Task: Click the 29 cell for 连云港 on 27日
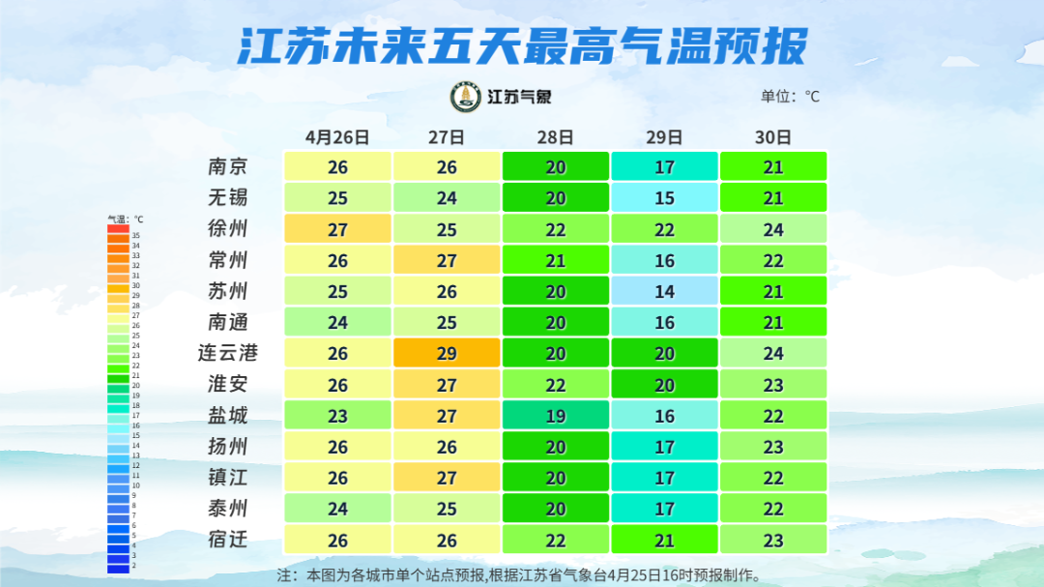point(447,353)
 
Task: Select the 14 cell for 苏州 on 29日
point(664,291)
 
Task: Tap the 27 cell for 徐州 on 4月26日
point(337,229)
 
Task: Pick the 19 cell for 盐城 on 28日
point(555,415)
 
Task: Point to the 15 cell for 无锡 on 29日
point(664,198)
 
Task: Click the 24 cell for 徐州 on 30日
point(773,229)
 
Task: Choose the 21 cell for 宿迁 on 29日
point(664,539)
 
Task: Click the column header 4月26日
point(337,136)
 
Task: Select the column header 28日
point(555,136)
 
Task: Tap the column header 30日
point(773,136)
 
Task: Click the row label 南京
point(228,167)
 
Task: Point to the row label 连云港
point(228,353)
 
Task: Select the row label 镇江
point(228,477)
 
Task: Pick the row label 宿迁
point(228,539)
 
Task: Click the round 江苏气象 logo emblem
point(465,97)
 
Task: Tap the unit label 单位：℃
point(790,97)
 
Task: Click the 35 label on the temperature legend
point(136,236)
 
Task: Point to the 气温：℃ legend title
point(125,220)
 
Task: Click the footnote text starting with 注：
point(518,574)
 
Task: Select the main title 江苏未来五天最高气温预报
point(522,44)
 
